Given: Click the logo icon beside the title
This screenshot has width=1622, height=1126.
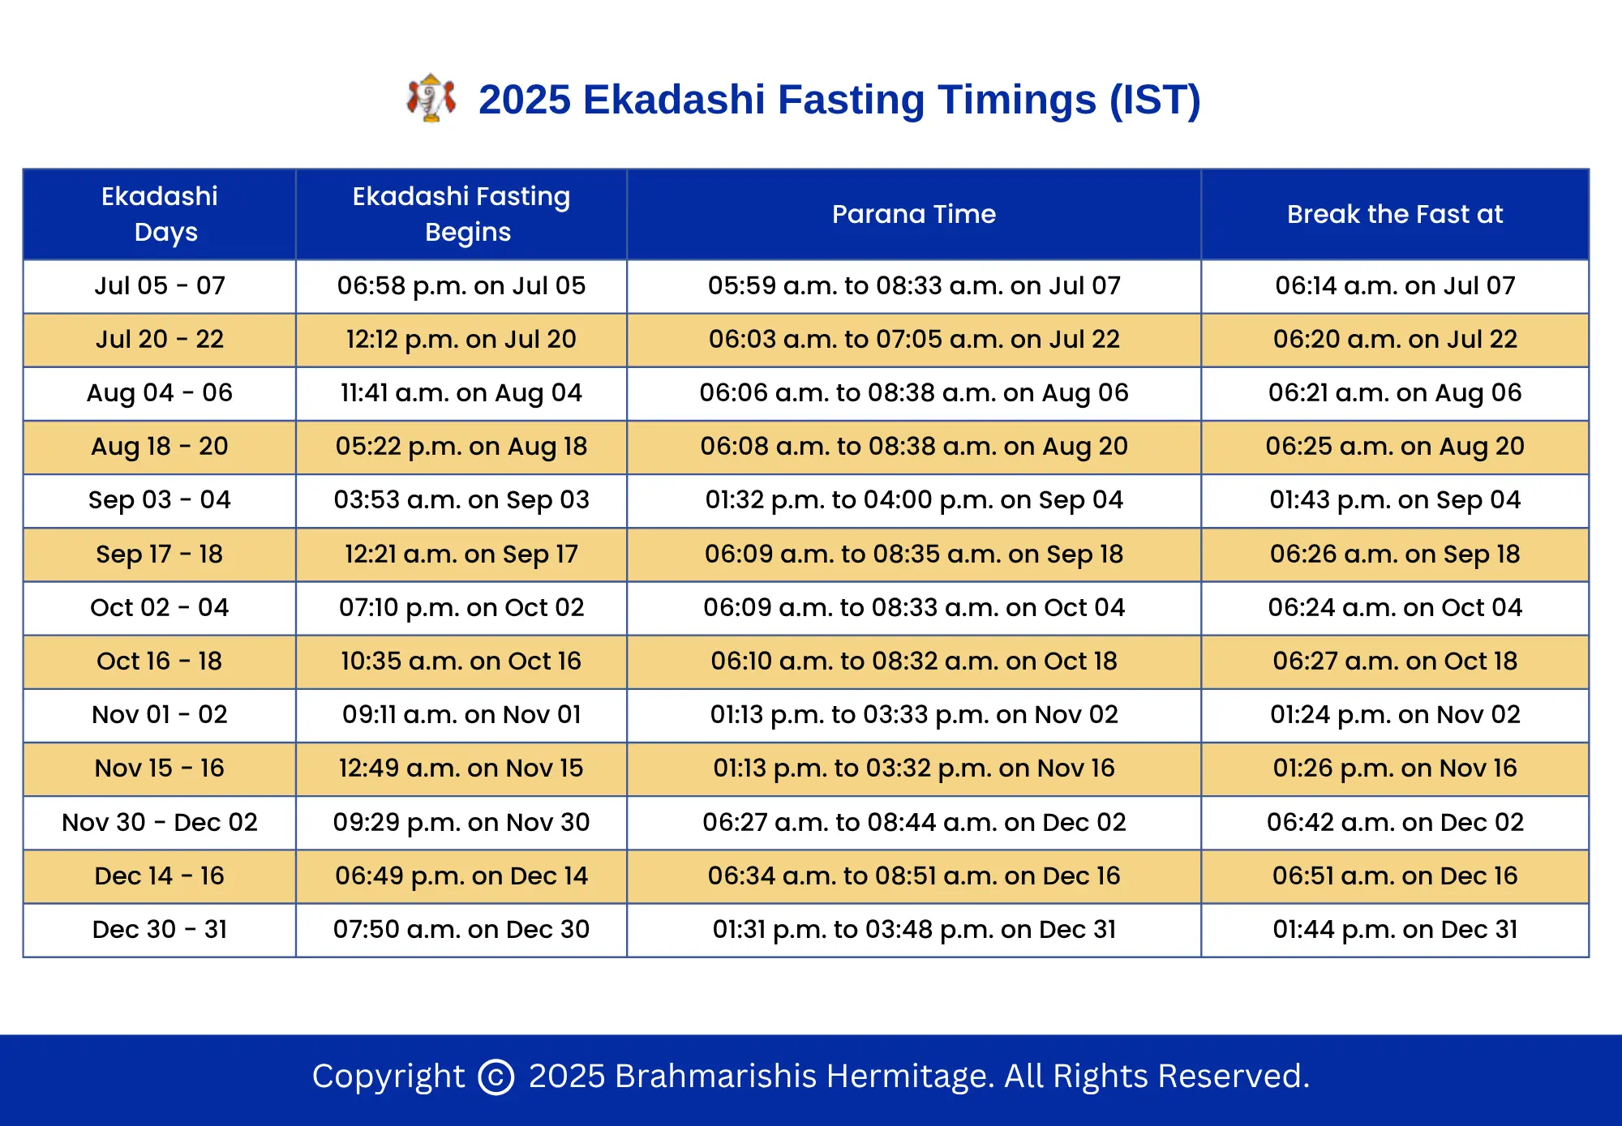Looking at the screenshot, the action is point(431,98).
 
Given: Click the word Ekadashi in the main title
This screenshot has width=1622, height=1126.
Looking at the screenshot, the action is point(674,100).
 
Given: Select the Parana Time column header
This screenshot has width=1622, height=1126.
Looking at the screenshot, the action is point(914,214).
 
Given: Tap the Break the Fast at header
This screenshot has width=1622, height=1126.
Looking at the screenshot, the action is point(1395,214).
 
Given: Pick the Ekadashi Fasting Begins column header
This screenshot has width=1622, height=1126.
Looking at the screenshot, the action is point(461,214).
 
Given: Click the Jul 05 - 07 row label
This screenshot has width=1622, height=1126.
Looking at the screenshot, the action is point(160,285).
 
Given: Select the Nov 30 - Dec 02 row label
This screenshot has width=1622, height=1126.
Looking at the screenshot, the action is point(160,822).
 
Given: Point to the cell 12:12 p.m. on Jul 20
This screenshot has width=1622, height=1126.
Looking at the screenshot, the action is point(461,339).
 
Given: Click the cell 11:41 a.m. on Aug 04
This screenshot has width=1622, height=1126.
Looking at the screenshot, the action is point(461,393).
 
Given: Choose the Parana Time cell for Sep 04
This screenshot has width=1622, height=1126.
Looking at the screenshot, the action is point(914,500).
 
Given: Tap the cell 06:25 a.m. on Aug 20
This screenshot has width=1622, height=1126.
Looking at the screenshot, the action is point(1395,447).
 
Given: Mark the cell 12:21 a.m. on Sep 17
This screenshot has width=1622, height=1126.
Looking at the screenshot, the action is point(461,554).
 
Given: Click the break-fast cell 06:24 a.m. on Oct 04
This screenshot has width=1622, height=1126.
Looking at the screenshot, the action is point(1395,607).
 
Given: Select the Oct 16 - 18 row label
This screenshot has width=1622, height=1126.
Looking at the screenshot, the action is point(160,661).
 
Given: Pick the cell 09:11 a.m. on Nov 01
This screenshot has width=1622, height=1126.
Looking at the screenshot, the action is point(461,714).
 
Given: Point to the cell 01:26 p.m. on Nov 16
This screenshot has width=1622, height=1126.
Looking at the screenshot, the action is point(1395,768).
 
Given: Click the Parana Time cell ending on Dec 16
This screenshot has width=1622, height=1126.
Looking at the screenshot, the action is point(914,876).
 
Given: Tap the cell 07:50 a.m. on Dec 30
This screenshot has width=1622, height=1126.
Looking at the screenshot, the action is point(461,929).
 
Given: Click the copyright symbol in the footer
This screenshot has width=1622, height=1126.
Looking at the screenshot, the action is point(496,1077).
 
